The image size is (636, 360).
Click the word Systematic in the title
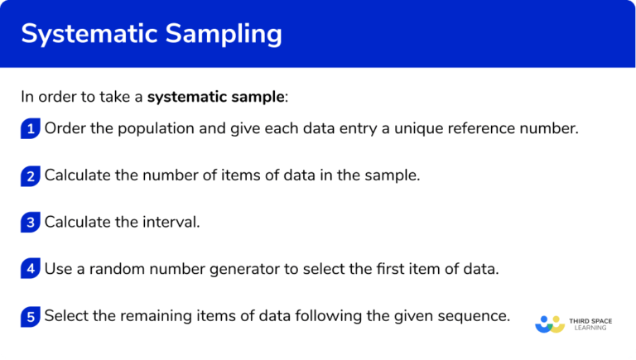point(90,34)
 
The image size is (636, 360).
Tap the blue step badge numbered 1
point(31,128)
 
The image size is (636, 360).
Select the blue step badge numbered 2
point(31,175)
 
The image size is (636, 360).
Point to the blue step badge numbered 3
point(31,223)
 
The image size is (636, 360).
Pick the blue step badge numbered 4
point(31,269)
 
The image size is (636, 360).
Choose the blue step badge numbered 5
point(31,316)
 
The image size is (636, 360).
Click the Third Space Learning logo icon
point(550,324)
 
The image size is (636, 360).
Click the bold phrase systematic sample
point(215,97)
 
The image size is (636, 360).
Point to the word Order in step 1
point(64,128)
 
